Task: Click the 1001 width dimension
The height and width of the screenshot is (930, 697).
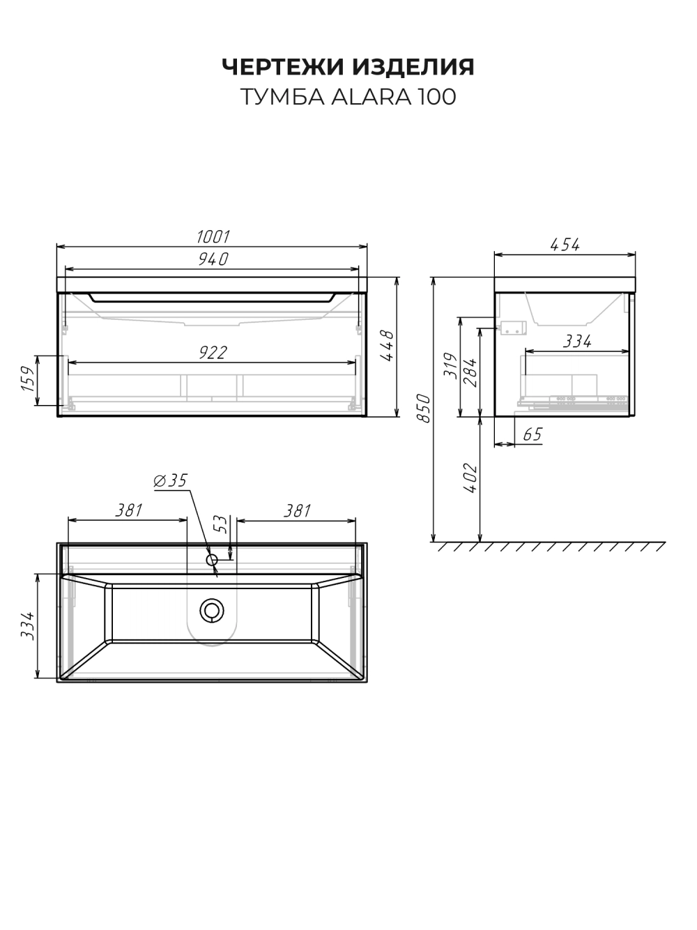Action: pos(213,237)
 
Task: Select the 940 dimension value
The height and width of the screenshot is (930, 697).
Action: pos(213,259)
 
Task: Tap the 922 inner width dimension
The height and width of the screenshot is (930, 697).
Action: pos(213,353)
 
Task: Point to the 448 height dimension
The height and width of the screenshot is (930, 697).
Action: pos(387,346)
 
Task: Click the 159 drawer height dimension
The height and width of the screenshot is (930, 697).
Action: pos(29,379)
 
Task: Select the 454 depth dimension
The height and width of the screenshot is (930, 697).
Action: pos(565,245)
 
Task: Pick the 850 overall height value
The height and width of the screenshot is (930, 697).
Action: pos(424,408)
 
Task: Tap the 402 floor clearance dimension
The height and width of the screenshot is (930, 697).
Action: pos(470,478)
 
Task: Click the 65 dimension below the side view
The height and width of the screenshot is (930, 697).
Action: pos(533,435)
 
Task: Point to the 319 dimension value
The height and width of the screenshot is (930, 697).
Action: pos(450,365)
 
